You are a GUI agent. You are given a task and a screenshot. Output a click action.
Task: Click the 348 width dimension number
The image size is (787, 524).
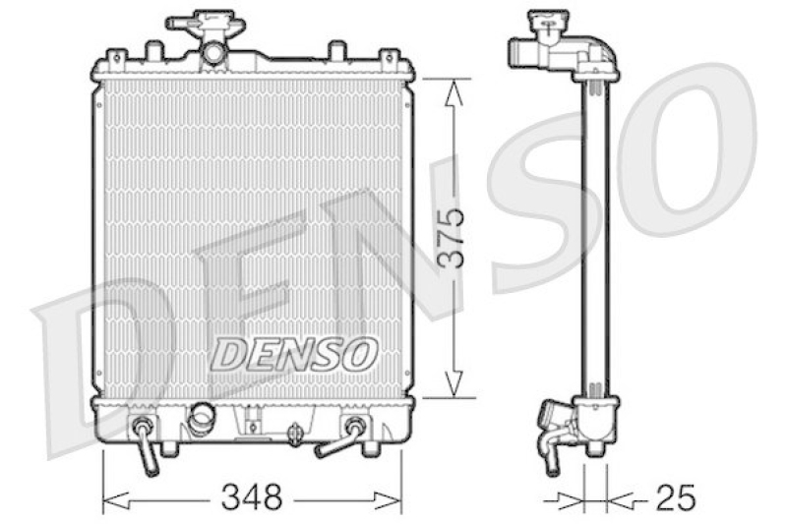(253, 498)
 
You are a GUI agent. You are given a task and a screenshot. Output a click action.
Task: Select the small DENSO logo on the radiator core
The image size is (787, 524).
(294, 354)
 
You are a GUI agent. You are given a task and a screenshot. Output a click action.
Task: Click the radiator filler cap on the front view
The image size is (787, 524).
(206, 23)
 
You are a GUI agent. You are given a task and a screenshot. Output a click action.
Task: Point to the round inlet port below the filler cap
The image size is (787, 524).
(212, 53)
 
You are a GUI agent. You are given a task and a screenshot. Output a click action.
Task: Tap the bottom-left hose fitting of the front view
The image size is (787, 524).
(146, 444)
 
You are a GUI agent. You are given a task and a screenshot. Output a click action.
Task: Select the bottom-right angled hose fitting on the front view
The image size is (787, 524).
(340, 437)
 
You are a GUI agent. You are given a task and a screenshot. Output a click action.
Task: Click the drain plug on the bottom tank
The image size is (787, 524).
(295, 435)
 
